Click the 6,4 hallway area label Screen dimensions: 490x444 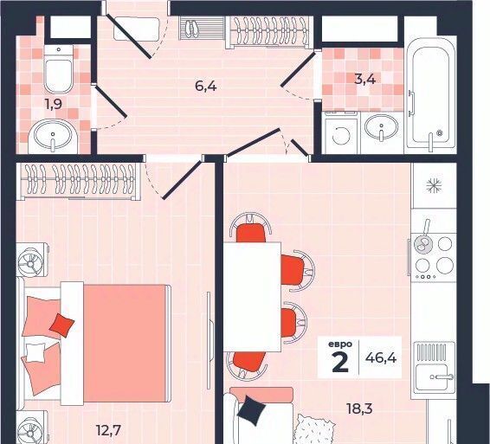pos(206,86)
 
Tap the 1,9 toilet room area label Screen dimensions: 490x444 pos(53,104)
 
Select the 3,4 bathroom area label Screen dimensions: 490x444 pos(364,79)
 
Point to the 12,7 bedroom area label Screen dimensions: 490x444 pos(108,431)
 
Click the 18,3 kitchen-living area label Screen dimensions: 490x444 pos(359,408)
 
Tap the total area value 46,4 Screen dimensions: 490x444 pos(381,357)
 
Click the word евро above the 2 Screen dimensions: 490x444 pos(340,344)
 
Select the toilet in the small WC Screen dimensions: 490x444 pos(59,68)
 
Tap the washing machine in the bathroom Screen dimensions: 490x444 pos(340,132)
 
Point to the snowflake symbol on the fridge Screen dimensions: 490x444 pos(434,186)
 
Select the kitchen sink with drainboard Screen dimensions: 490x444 pos(435,367)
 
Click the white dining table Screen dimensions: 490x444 pos(252,297)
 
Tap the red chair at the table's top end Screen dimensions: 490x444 pos(250,229)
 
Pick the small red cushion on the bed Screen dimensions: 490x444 pos(61,325)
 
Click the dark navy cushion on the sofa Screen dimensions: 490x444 pos(252,410)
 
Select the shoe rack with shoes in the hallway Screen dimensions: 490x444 pos(202,28)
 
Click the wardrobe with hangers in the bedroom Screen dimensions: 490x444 pos(78,181)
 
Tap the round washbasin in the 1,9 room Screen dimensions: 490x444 pos(53,136)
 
